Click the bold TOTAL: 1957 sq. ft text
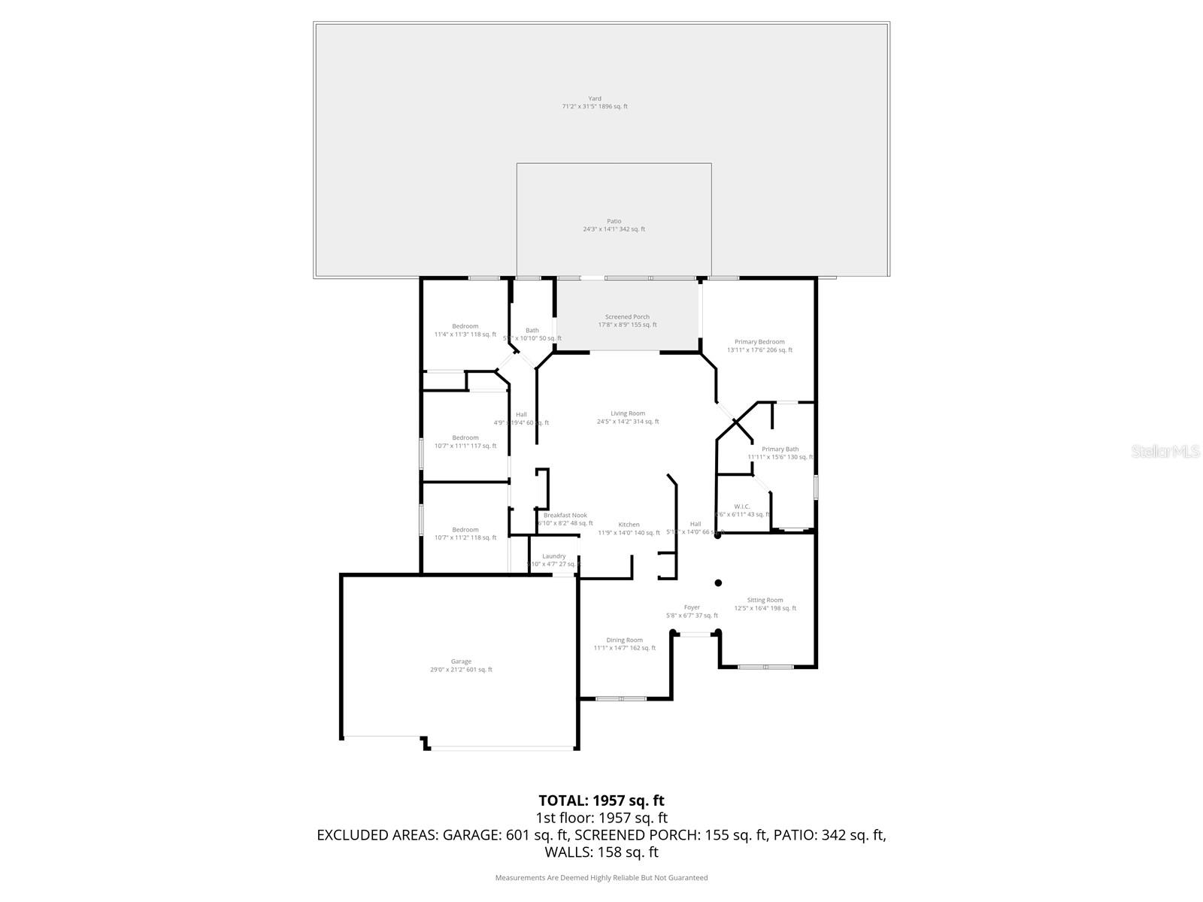tap(601, 801)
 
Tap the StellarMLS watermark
tap(1165, 451)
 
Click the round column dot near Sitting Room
tap(718, 583)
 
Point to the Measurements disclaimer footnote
tap(601, 877)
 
